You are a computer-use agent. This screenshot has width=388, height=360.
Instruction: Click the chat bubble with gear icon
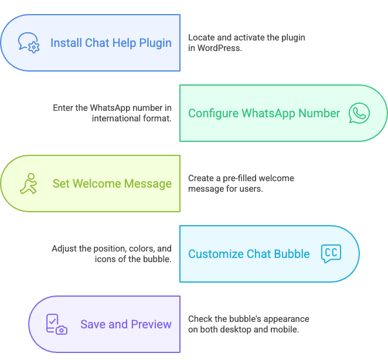click(28, 43)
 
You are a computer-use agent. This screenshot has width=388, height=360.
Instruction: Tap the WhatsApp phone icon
click(359, 113)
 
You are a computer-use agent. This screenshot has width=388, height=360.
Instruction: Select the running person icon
click(28, 184)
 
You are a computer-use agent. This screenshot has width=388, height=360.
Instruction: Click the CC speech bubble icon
click(331, 254)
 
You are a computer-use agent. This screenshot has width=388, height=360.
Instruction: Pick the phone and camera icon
click(56, 324)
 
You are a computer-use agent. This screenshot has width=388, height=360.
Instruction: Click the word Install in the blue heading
click(65, 43)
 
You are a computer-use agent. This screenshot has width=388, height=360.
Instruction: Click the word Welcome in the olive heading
click(96, 184)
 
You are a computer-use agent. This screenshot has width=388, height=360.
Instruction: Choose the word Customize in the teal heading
click(215, 254)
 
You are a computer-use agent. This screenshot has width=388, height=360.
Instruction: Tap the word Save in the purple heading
click(92, 324)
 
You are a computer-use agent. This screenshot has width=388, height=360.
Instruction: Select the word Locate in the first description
click(202, 38)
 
